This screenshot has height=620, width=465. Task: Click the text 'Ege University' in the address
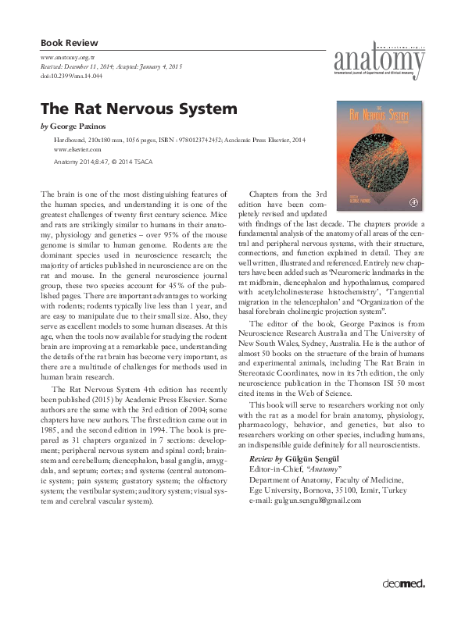pyautogui.click(x=275, y=489)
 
